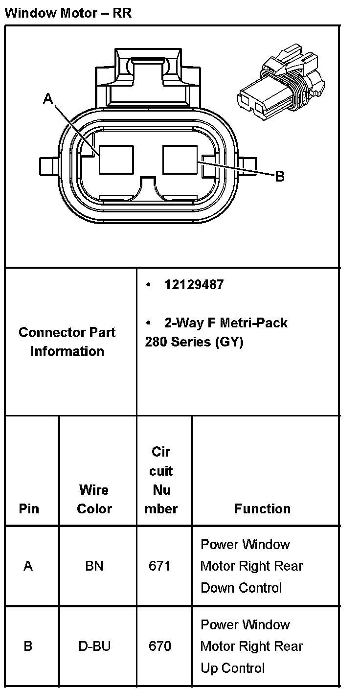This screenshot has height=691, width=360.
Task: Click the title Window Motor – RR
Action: pos(68,13)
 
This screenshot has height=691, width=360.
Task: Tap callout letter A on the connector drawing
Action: pos(48,99)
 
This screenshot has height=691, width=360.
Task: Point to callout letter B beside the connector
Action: pos(280,176)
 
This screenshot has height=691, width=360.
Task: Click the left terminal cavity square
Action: pos(116,160)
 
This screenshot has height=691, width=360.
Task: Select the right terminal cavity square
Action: pos(180,159)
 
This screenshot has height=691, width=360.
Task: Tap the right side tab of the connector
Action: pos(248,165)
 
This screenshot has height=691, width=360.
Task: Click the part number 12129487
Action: pos(194,285)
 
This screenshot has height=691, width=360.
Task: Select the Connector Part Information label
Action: pos(67,342)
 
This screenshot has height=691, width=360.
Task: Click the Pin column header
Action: pos(29,508)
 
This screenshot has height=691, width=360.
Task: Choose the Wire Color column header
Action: pos(94,499)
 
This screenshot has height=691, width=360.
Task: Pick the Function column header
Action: pos(262,508)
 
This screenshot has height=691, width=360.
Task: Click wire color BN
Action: pos(94,566)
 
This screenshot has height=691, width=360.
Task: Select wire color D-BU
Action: pos(94,646)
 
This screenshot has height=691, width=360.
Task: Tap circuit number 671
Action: pos(160,566)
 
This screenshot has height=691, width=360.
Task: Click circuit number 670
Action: pos(160,646)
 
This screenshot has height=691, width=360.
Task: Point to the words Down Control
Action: pos(241,587)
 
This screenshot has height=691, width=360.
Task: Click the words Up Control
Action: pos(232,668)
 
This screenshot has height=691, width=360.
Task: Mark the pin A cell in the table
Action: pos(28,566)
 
